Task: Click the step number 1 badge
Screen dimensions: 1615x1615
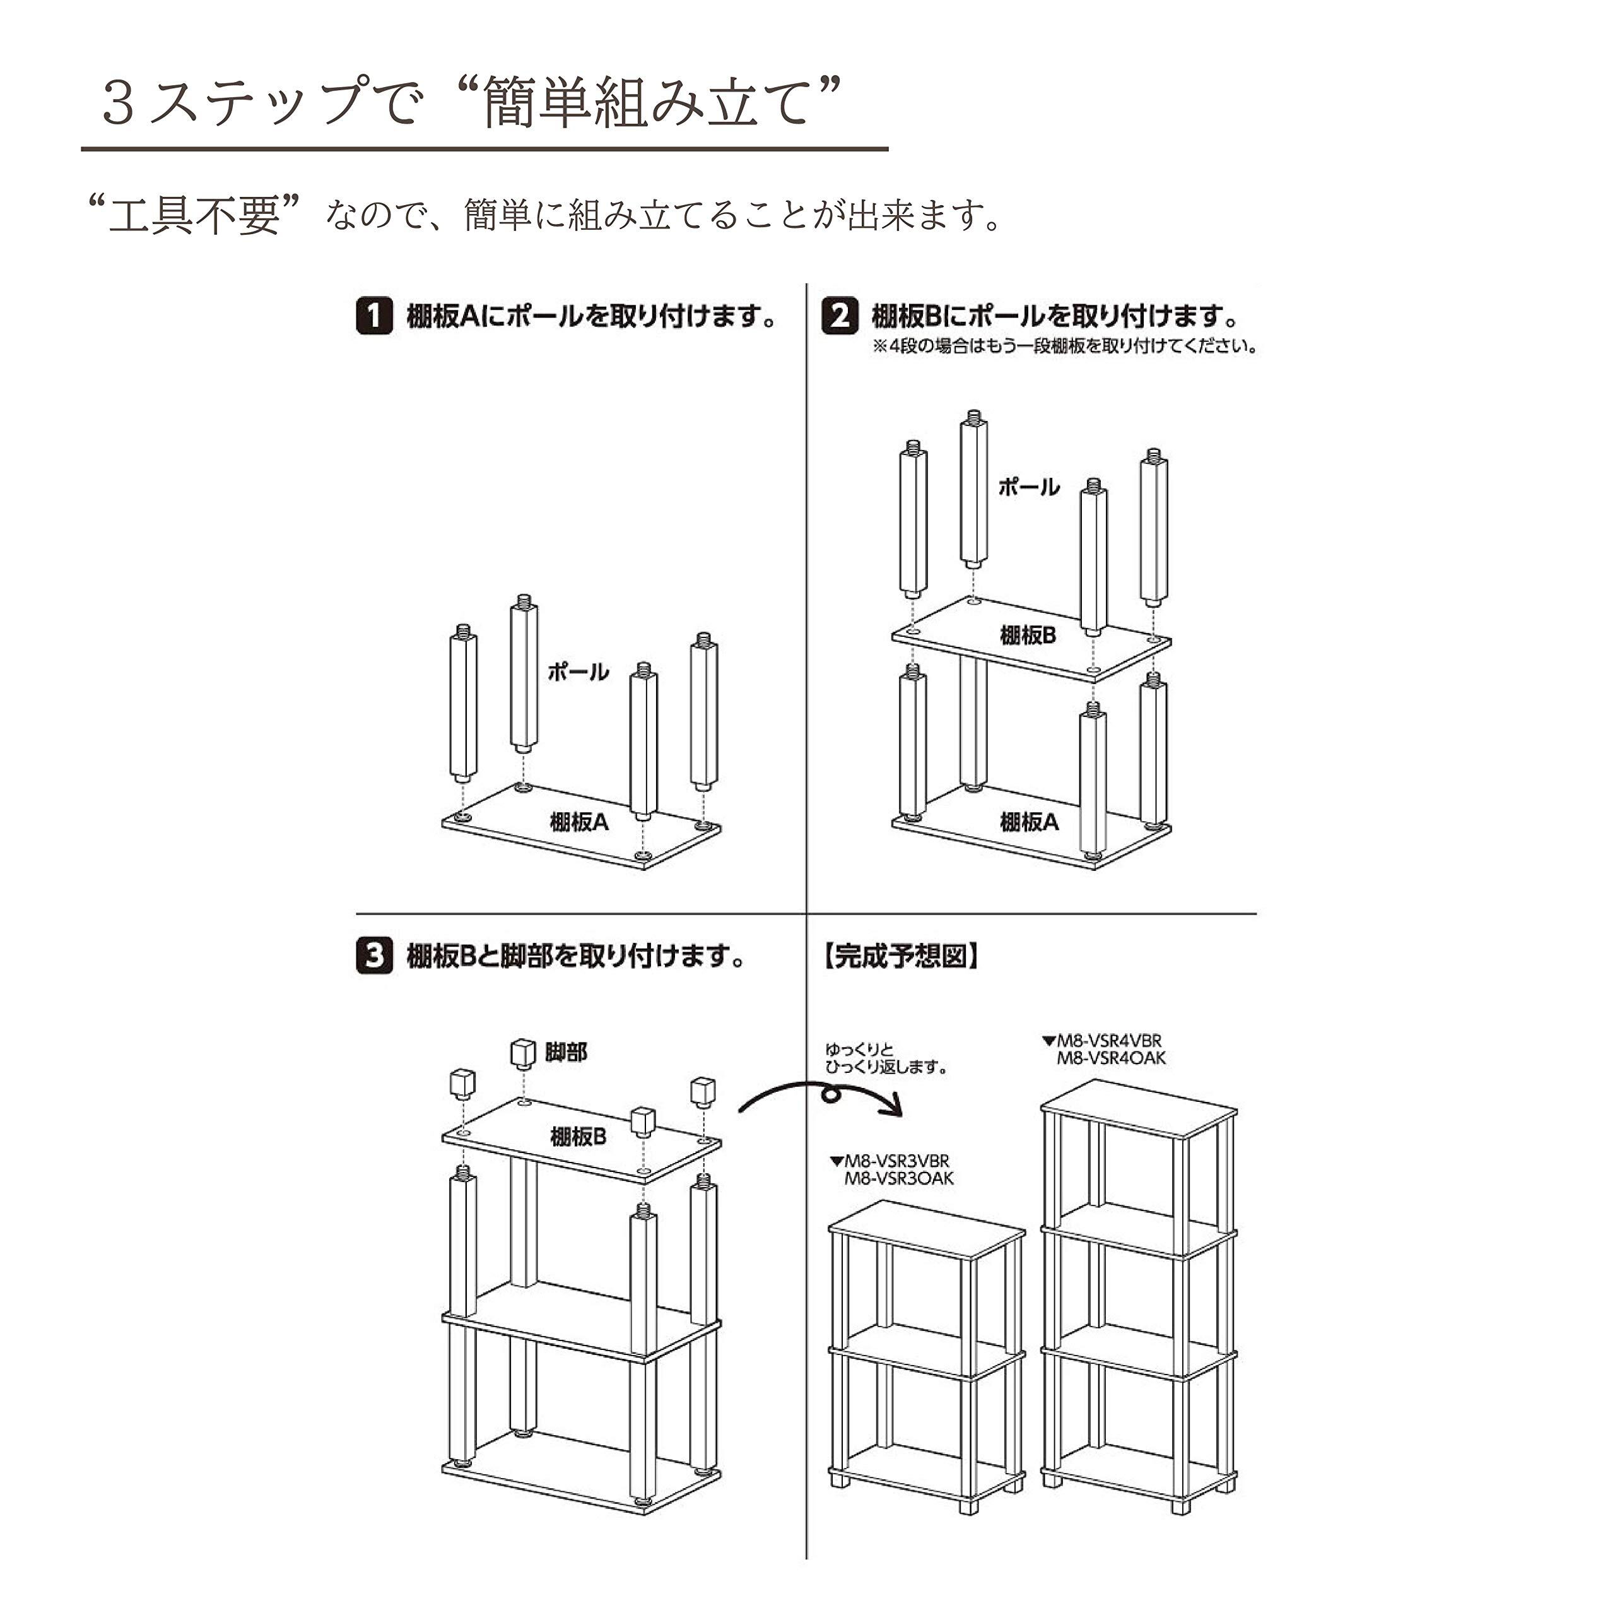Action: click(x=373, y=317)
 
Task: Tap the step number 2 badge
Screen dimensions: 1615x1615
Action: click(x=839, y=317)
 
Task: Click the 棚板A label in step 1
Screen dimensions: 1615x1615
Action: click(x=578, y=822)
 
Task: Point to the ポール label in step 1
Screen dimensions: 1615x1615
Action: click(x=578, y=671)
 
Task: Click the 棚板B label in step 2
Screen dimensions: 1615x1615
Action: click(x=1028, y=636)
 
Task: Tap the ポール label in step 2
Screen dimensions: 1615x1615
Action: click(x=1028, y=487)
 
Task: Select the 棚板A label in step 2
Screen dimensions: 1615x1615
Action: click(x=1029, y=822)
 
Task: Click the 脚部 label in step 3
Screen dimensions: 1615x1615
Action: click(x=566, y=1053)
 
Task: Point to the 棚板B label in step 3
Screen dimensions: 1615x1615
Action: click(x=578, y=1137)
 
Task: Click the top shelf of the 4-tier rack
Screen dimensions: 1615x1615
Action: click(x=1139, y=1108)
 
